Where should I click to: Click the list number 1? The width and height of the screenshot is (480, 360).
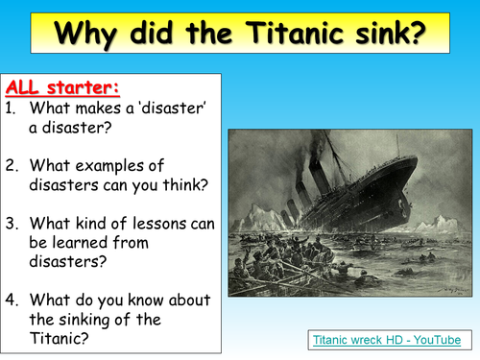tap(11, 109)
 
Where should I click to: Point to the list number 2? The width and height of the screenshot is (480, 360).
tap(12, 165)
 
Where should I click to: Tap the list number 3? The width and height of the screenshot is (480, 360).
tap(12, 222)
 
